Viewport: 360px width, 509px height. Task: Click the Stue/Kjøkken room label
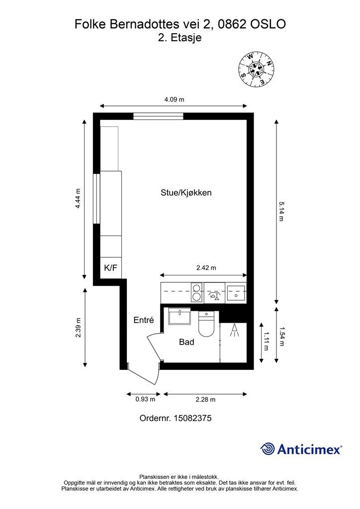click(186, 193)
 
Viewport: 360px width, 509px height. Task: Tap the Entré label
click(144, 320)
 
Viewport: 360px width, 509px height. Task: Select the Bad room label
click(186, 342)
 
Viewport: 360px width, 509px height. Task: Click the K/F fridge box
click(110, 268)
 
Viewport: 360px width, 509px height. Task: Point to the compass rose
click(256, 70)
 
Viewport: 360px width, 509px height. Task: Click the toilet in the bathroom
click(206, 324)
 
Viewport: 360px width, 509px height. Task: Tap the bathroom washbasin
click(179, 316)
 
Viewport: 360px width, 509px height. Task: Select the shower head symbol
click(234, 331)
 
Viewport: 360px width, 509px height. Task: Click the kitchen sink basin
click(236, 293)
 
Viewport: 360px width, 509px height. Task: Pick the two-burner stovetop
click(197, 292)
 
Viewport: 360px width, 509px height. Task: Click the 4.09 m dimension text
click(175, 99)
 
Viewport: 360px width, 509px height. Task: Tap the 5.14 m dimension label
click(281, 211)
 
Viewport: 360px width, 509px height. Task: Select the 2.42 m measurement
click(206, 268)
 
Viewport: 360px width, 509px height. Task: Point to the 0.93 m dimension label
click(145, 399)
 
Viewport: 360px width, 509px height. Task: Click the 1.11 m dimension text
click(266, 341)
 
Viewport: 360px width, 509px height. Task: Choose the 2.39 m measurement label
click(78, 328)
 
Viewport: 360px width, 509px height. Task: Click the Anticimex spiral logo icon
click(268, 449)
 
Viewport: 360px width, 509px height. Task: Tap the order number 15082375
click(193, 418)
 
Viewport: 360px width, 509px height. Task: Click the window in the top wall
click(159, 116)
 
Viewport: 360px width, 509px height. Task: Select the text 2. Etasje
click(180, 37)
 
